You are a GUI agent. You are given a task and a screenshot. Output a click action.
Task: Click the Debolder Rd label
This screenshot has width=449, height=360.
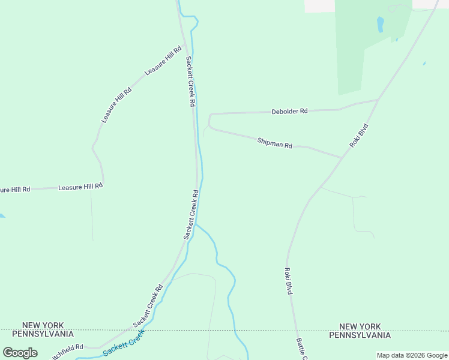289,111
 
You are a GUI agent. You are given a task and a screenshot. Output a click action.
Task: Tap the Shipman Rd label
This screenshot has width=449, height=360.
274,143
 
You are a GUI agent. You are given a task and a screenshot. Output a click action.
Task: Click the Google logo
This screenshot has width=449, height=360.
20,353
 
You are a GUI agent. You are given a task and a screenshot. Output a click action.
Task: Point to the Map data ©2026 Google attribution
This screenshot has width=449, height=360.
412,355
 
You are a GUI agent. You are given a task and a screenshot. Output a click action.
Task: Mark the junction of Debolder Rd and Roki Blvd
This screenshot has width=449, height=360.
378,100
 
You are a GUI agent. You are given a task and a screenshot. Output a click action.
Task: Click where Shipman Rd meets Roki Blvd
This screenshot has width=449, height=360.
343,158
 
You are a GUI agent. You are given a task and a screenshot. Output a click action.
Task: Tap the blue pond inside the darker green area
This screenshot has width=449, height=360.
380,25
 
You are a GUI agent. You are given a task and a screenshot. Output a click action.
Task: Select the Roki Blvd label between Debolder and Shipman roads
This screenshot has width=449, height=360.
358,136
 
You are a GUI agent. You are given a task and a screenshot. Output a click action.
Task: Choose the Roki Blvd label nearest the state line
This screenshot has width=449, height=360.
288,280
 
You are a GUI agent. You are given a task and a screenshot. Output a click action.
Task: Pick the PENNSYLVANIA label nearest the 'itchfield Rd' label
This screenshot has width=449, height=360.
43,334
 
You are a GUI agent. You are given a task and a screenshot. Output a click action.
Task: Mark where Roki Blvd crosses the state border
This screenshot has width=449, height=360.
295,330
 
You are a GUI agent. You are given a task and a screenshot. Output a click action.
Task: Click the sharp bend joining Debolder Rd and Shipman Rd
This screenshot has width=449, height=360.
209,123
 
